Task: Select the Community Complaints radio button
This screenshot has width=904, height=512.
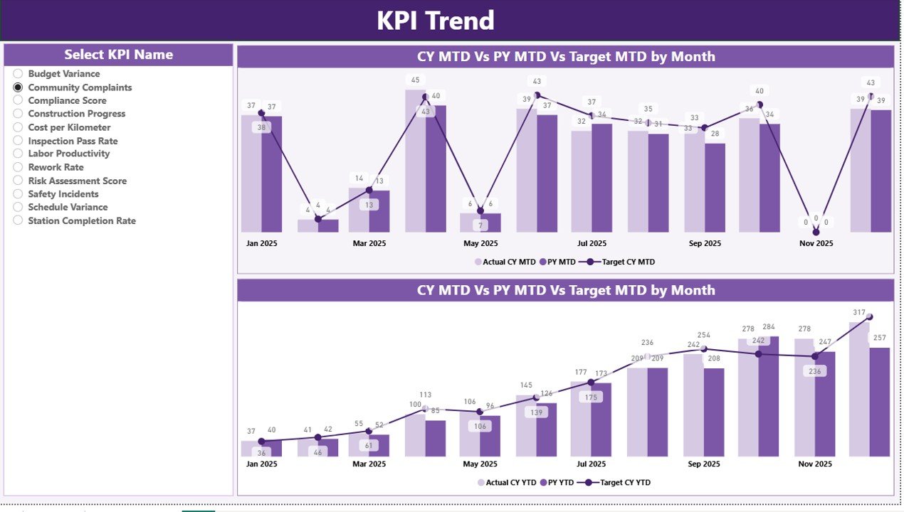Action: pos(19,87)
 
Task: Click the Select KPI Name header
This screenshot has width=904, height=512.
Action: pos(119,55)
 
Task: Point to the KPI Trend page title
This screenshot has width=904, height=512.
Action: pos(435,21)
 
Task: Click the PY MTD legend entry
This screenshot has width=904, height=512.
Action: pos(557,262)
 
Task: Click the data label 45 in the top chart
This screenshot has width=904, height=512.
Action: pos(415,80)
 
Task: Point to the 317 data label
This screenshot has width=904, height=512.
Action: pos(859,313)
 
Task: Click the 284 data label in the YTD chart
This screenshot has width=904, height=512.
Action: pos(768,327)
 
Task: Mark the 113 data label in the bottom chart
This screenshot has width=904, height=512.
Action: pos(426,395)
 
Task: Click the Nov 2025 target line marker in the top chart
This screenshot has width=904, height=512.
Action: pos(816,232)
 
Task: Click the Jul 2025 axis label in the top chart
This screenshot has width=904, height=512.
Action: pos(592,243)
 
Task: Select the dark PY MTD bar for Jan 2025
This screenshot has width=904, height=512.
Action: pos(271,174)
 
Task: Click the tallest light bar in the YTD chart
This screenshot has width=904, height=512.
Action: pos(859,391)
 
